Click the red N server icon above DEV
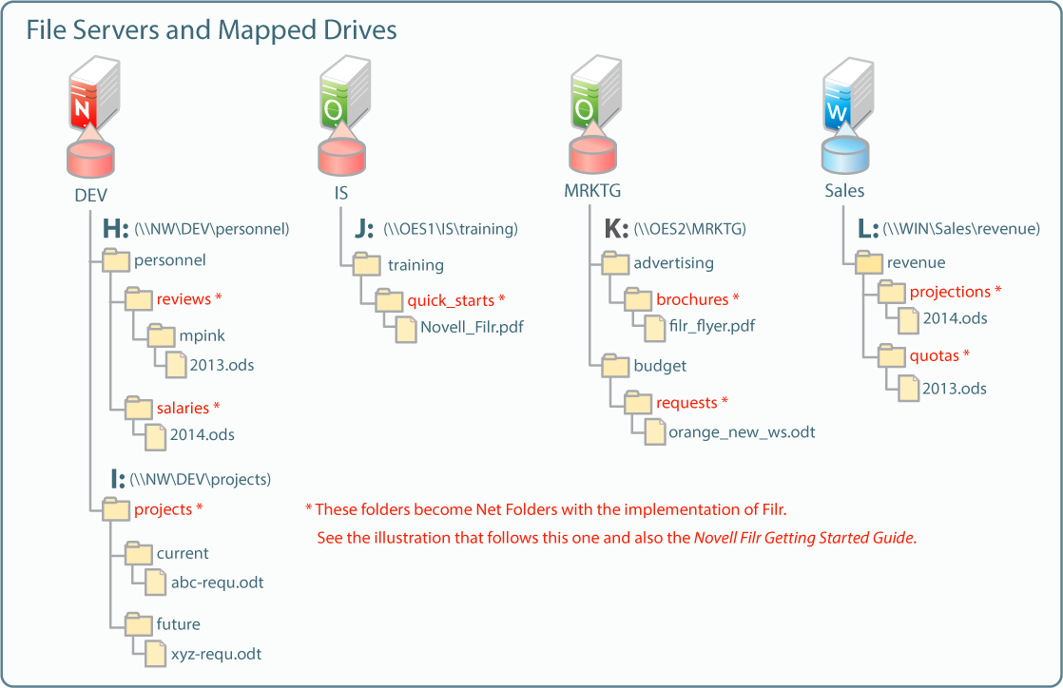click(x=94, y=94)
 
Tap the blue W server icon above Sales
click(x=847, y=94)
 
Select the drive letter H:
click(x=115, y=228)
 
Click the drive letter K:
click(x=615, y=228)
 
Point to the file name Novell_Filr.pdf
click(x=472, y=327)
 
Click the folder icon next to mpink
click(x=162, y=334)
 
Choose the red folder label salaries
click(x=184, y=408)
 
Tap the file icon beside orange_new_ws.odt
click(x=655, y=431)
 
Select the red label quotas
click(x=935, y=355)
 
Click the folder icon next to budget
click(x=615, y=365)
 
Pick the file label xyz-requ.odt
click(x=216, y=654)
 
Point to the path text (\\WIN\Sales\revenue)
click(x=961, y=229)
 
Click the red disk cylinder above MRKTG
click(x=592, y=155)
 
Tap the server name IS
click(x=341, y=193)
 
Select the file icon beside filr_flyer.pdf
click(x=655, y=328)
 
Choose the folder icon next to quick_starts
click(x=389, y=300)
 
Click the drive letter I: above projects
click(x=118, y=479)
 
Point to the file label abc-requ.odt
click(x=217, y=583)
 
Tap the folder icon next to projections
click(x=892, y=292)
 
